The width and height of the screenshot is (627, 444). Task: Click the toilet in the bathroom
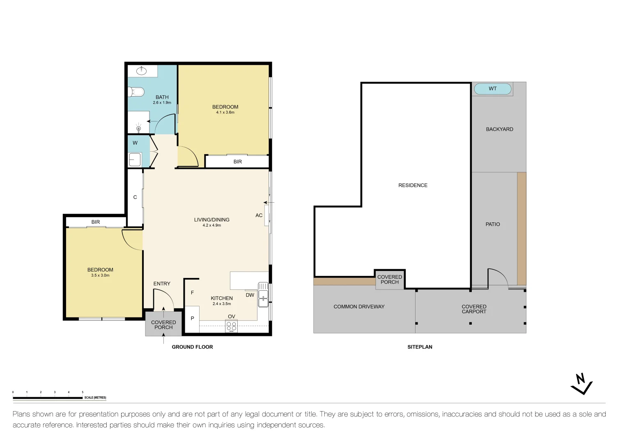[x=137, y=92]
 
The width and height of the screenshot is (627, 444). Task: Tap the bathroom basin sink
[x=141, y=71]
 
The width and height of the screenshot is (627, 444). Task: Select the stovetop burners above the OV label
[x=232, y=326]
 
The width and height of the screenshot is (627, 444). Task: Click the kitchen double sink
[x=263, y=294]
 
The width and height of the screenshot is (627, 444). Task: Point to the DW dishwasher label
[x=250, y=295]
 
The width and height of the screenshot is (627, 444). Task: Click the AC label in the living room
[x=259, y=215]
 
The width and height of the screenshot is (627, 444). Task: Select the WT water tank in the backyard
[x=493, y=89]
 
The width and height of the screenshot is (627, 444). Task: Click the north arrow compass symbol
[x=581, y=384]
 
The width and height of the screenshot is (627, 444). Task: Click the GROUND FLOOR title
[x=192, y=347]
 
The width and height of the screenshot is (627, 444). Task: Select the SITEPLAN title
[x=420, y=347]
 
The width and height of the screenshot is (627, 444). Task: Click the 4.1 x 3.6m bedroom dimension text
[x=225, y=112]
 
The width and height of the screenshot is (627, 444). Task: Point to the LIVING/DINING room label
[x=211, y=220]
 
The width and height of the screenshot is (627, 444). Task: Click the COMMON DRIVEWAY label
[x=359, y=307]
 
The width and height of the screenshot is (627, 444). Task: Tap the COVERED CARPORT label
[x=474, y=309]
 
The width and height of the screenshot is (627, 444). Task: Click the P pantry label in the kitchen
[x=192, y=319]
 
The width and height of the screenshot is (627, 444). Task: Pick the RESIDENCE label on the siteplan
[x=413, y=185]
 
